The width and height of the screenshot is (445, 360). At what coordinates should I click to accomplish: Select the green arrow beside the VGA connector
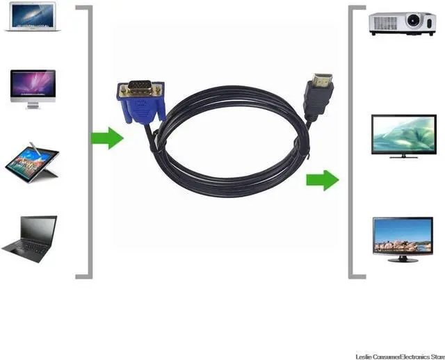coord(107,138)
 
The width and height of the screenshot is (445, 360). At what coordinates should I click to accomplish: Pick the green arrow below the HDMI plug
coord(321,181)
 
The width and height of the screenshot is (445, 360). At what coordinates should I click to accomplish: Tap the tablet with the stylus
coord(33,162)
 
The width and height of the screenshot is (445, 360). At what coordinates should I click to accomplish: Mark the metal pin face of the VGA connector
coord(143,89)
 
